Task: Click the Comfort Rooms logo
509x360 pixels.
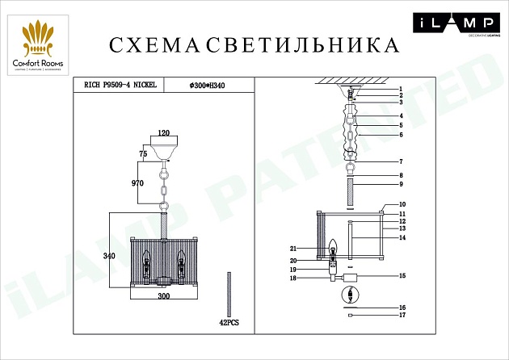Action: point(38,45)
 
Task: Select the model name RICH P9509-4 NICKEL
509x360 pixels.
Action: point(120,83)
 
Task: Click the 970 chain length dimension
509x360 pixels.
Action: point(137,183)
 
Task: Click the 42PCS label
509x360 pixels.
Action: point(230,322)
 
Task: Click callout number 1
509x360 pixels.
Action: point(399,88)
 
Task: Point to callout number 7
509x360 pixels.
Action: point(399,161)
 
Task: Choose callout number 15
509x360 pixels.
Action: point(399,276)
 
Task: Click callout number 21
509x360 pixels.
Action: point(296,249)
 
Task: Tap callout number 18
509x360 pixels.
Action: point(296,278)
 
